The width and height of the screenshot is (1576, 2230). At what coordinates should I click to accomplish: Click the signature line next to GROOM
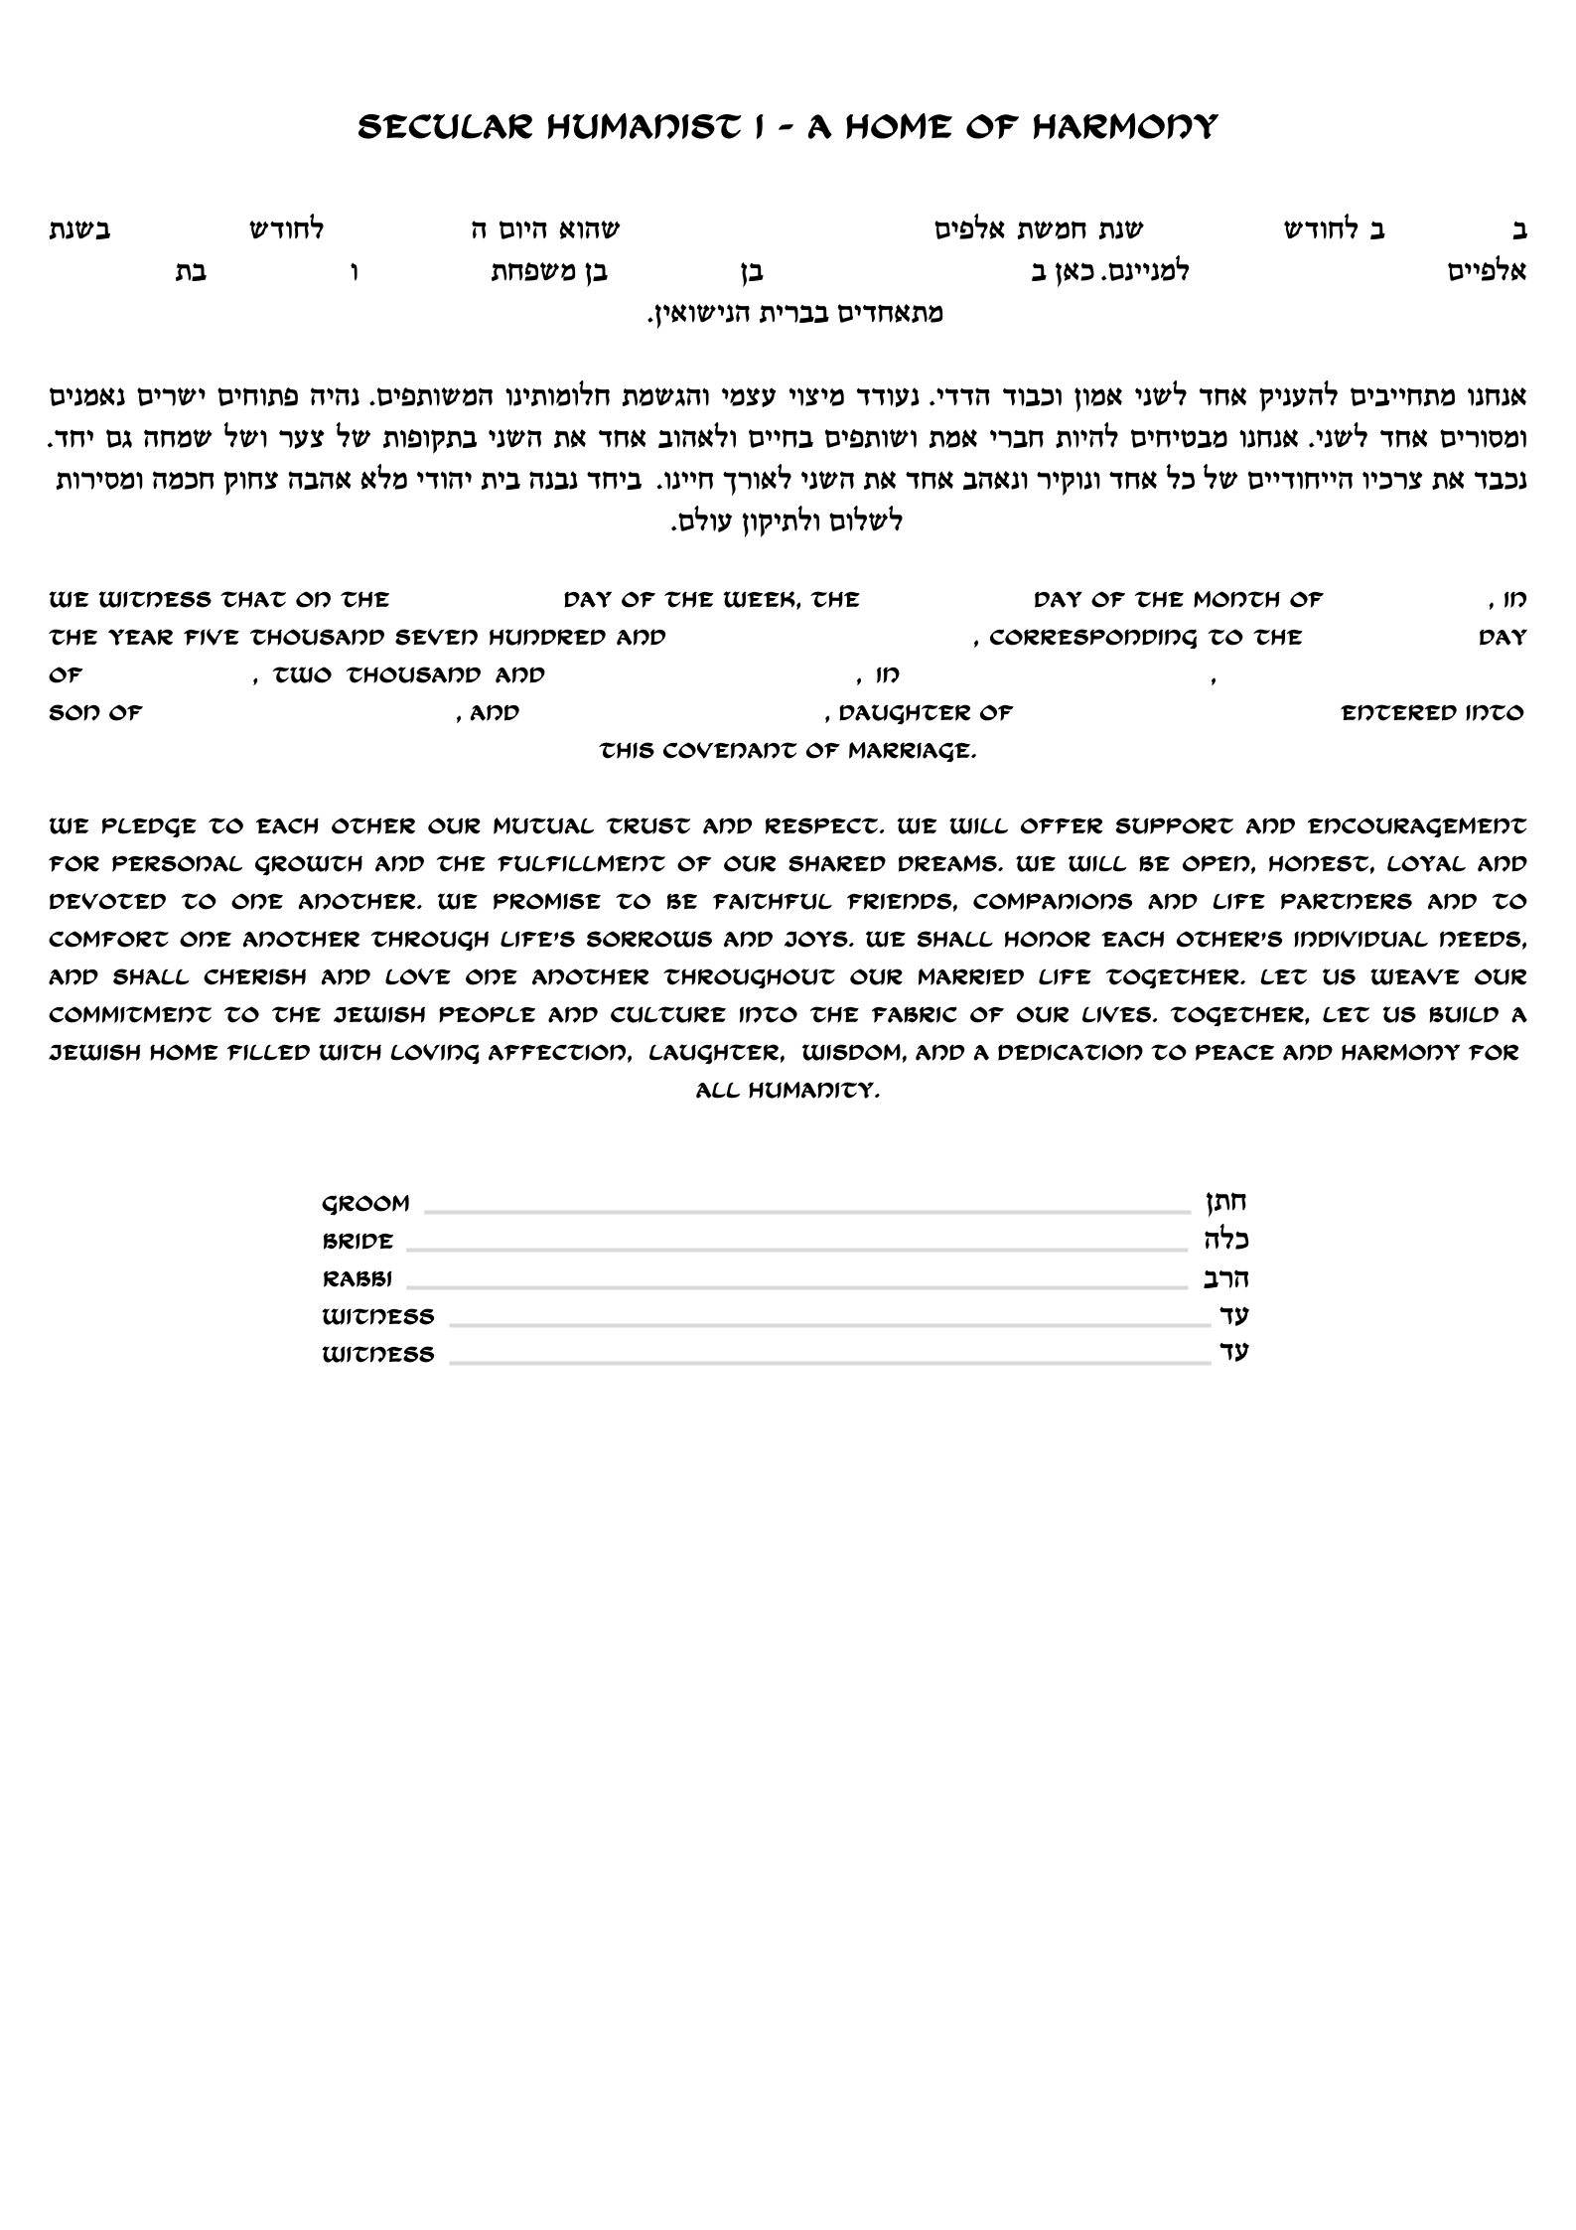coord(806,1212)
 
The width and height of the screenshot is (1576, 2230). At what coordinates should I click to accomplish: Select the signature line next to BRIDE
coord(796,1250)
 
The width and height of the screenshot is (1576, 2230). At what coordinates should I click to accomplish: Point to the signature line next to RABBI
coord(796,1287)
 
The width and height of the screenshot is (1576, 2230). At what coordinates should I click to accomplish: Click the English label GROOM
coord(365,1204)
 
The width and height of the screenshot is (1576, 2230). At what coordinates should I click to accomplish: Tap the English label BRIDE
coord(358,1242)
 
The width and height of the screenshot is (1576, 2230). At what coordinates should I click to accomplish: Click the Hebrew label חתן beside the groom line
coord(1225,1202)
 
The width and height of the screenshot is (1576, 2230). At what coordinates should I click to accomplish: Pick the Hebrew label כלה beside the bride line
coord(1225,1240)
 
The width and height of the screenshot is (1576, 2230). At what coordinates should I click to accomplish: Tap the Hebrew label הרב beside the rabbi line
coord(1225,1277)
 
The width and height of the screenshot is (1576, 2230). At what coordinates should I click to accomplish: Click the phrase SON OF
coord(95,713)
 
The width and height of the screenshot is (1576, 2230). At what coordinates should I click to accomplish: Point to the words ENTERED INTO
coord(1432,713)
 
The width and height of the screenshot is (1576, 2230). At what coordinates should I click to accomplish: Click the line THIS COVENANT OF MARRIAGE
coord(788,751)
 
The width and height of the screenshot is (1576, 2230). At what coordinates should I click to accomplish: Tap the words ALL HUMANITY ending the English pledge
coord(788,1091)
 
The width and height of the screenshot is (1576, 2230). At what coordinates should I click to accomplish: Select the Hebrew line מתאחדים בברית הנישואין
coord(794,315)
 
